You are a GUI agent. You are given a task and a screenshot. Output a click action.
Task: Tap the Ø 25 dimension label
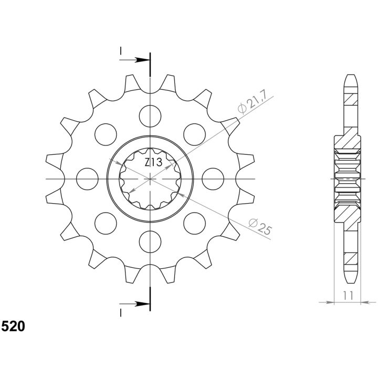pyautogui.click(x=260, y=226)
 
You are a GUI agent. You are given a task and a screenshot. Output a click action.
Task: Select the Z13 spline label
pyautogui.click(x=153, y=162)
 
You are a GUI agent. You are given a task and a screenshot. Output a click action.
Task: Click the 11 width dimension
pyautogui.click(x=348, y=295)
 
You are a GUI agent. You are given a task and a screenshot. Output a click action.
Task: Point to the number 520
pyautogui.click(x=13, y=327)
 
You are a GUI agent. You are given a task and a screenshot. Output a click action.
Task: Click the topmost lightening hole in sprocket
pyautogui.click(x=150, y=116)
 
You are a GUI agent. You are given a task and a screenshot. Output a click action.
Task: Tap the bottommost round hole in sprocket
pyautogui.click(x=150, y=242)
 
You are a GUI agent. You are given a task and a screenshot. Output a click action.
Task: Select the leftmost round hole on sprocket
pyautogui.click(x=87, y=179)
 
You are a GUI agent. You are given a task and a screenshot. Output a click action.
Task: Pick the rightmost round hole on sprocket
pyautogui.click(x=213, y=179)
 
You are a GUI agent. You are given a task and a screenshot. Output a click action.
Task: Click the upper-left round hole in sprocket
pyautogui.click(x=106, y=134)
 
